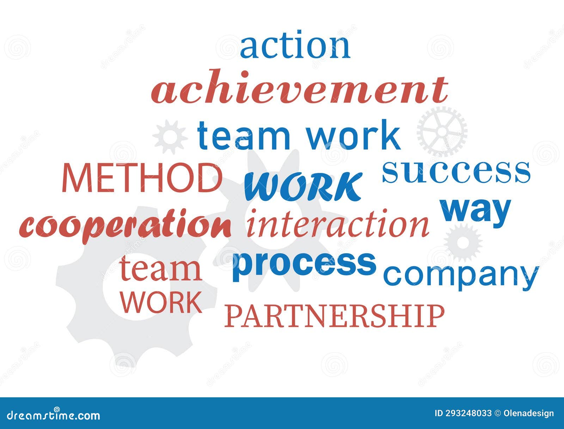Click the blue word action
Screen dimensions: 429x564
tap(295, 46)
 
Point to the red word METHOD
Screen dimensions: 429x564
tap(142, 178)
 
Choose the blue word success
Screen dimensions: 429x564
tap(456, 172)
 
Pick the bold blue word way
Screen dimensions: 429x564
tap(475, 210)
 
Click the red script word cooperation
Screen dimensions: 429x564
tap(125, 225)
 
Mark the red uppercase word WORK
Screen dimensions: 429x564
tap(161, 302)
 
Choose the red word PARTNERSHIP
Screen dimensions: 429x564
tap(335, 316)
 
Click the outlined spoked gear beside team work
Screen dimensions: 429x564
tap(442, 132)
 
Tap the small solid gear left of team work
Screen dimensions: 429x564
tap(170, 137)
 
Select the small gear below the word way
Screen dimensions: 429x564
tap(462, 242)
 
